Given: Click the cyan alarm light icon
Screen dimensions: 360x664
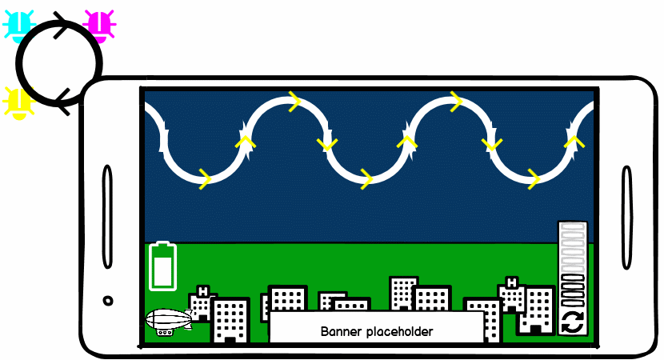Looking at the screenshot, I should (x=19, y=25).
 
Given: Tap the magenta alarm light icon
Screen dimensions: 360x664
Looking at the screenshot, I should (x=99, y=25).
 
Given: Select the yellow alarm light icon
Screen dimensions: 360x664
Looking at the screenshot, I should (x=18, y=102).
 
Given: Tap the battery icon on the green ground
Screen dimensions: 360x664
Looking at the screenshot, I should (x=163, y=266).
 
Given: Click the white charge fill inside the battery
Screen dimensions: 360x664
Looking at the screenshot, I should (x=163, y=272).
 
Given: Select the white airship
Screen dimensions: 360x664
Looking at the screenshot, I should (x=168, y=320).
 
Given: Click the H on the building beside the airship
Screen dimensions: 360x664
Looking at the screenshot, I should (x=202, y=291).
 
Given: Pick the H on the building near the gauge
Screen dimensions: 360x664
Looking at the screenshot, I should (x=511, y=282).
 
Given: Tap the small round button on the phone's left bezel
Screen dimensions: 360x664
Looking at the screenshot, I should (x=108, y=301).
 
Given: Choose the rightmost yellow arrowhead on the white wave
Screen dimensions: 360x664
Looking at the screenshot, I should (x=572, y=142).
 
